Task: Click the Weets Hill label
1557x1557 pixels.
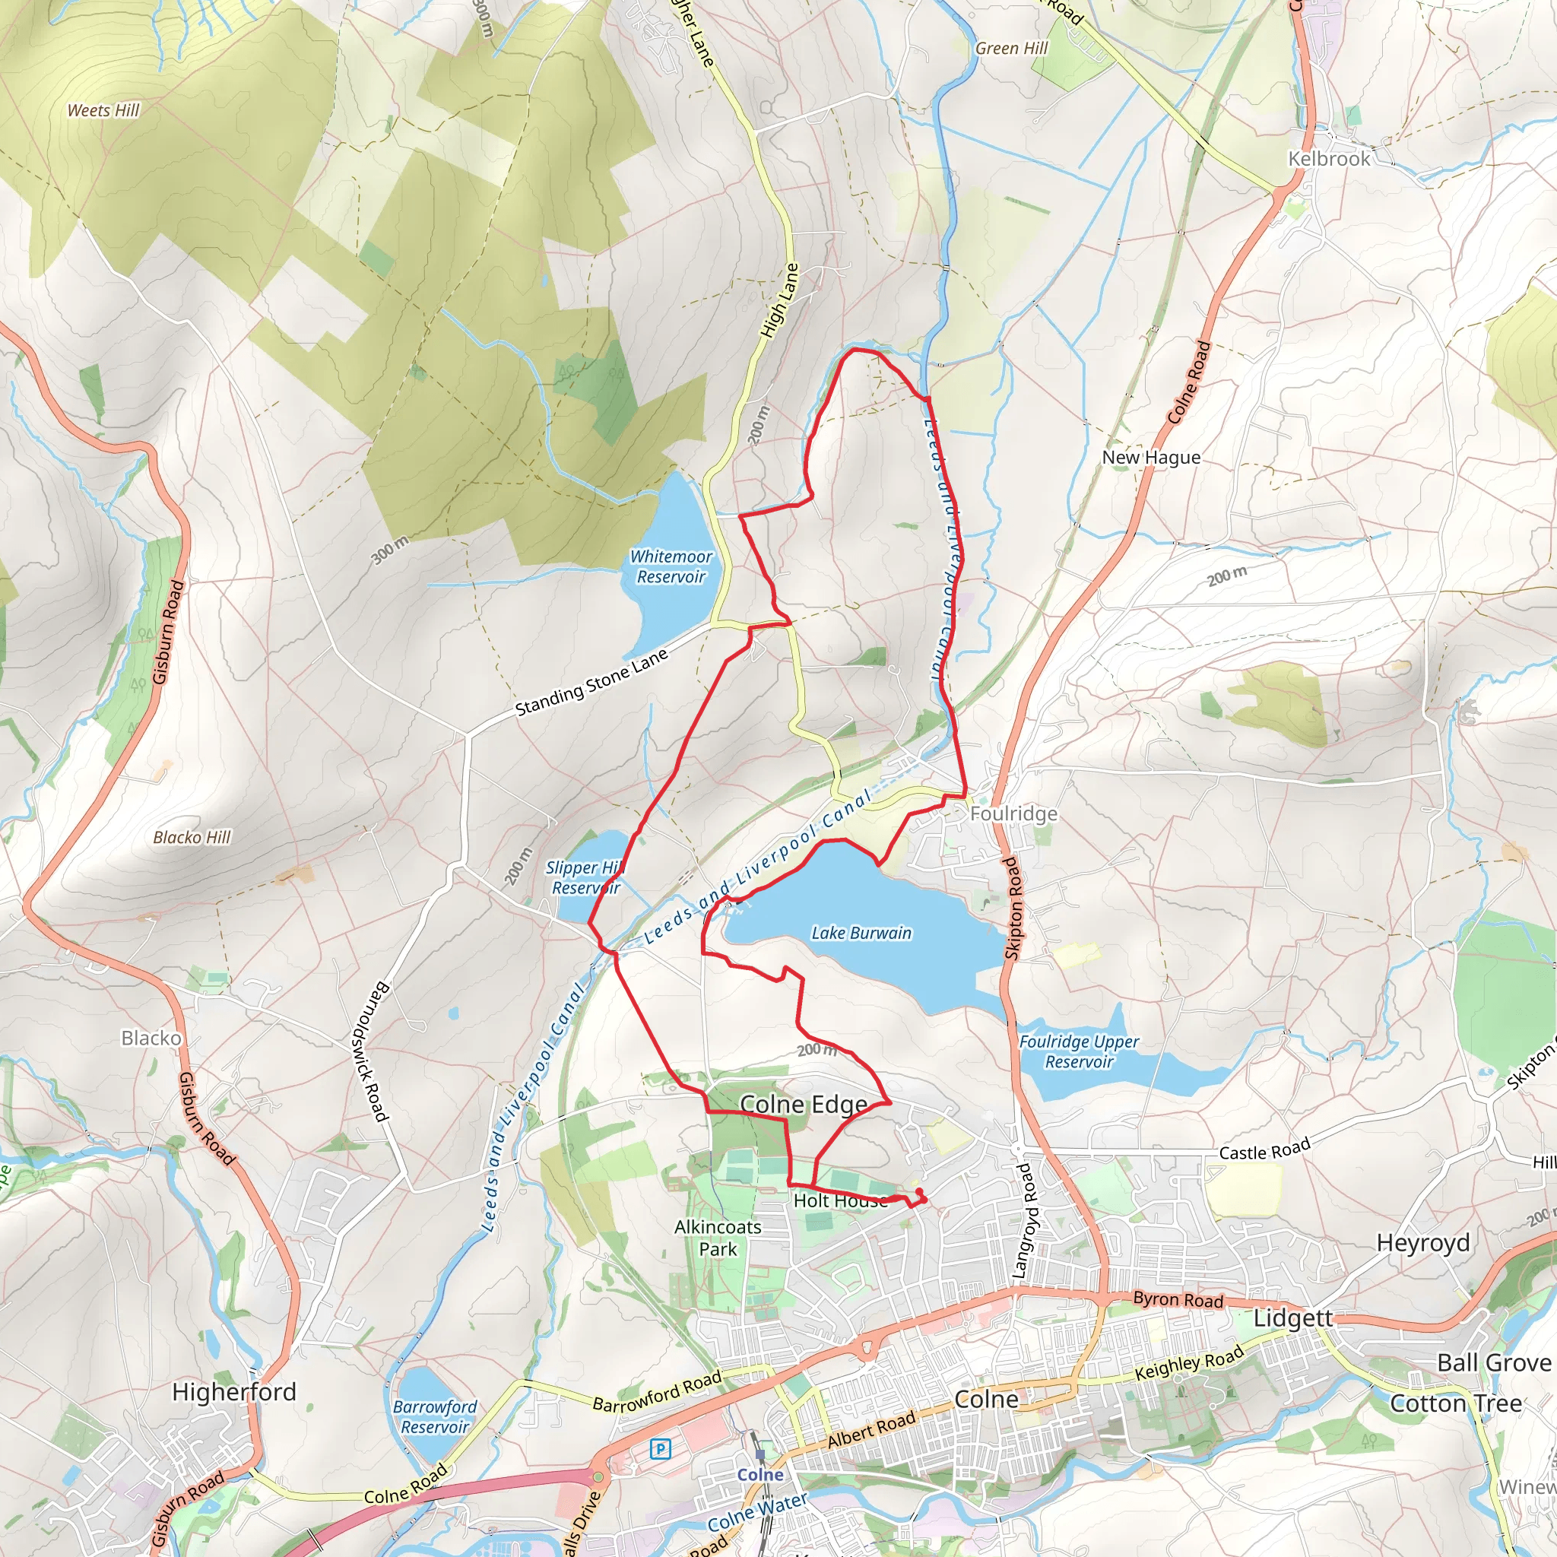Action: pos(103,110)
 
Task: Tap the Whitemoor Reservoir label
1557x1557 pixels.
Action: pos(671,566)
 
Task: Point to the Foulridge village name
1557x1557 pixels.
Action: pos(1013,813)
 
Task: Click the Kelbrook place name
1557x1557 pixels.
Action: pos(1328,159)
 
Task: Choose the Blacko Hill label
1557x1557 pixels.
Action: pos(192,837)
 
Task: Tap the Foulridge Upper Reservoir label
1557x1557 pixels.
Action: pos(1078,1051)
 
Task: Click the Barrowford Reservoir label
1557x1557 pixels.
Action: pos(434,1417)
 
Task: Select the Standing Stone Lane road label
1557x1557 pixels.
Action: pos(591,683)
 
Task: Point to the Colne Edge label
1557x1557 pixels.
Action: pos(804,1104)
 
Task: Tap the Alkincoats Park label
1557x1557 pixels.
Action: pos(717,1238)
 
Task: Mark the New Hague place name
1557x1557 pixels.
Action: pos(1151,457)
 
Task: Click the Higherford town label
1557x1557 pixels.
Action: pos(233,1392)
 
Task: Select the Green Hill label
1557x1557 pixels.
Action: pos(1011,49)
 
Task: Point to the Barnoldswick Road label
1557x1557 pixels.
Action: pos(372,1051)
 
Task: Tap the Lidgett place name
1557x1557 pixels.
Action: pos(1292,1318)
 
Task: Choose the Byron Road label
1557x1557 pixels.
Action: pos(1178,1299)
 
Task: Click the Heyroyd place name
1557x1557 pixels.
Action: pos(1422,1243)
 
